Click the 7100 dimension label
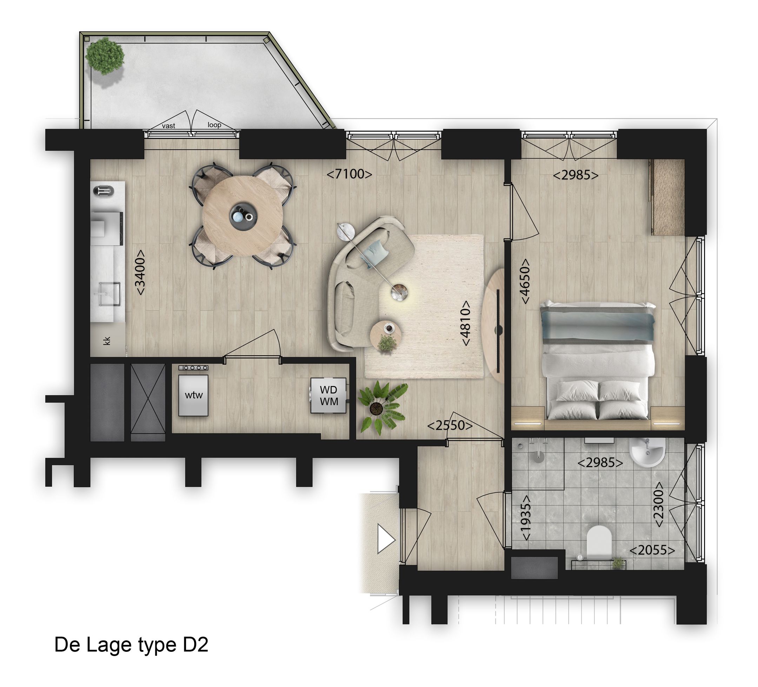[x=349, y=174]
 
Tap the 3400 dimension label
[x=140, y=273]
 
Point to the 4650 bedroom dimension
[x=525, y=281]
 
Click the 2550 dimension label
[x=450, y=425]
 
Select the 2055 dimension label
[x=652, y=550]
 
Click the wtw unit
[x=193, y=395]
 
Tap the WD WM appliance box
[x=328, y=395]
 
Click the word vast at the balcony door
[x=168, y=126]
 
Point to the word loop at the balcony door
[x=214, y=125]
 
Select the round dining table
[x=242, y=216]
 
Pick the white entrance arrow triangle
[x=386, y=540]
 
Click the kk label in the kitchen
[x=107, y=341]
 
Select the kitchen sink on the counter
[x=107, y=294]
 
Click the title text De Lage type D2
[x=131, y=644]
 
